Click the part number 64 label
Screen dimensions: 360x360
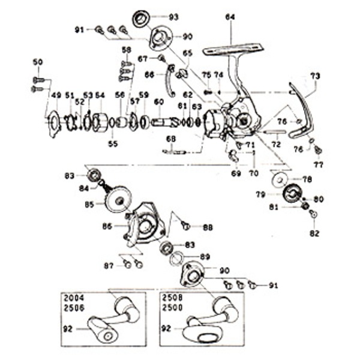tap(230, 17)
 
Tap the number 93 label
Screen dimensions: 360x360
tap(174, 17)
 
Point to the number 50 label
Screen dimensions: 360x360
tap(38, 62)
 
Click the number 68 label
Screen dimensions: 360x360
tap(171, 139)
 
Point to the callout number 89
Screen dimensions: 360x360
tap(205, 257)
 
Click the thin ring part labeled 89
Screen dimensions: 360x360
tap(176, 259)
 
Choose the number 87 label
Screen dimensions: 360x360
tap(108, 265)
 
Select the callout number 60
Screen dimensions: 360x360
tap(158, 102)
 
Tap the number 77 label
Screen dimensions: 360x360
tap(318, 164)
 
